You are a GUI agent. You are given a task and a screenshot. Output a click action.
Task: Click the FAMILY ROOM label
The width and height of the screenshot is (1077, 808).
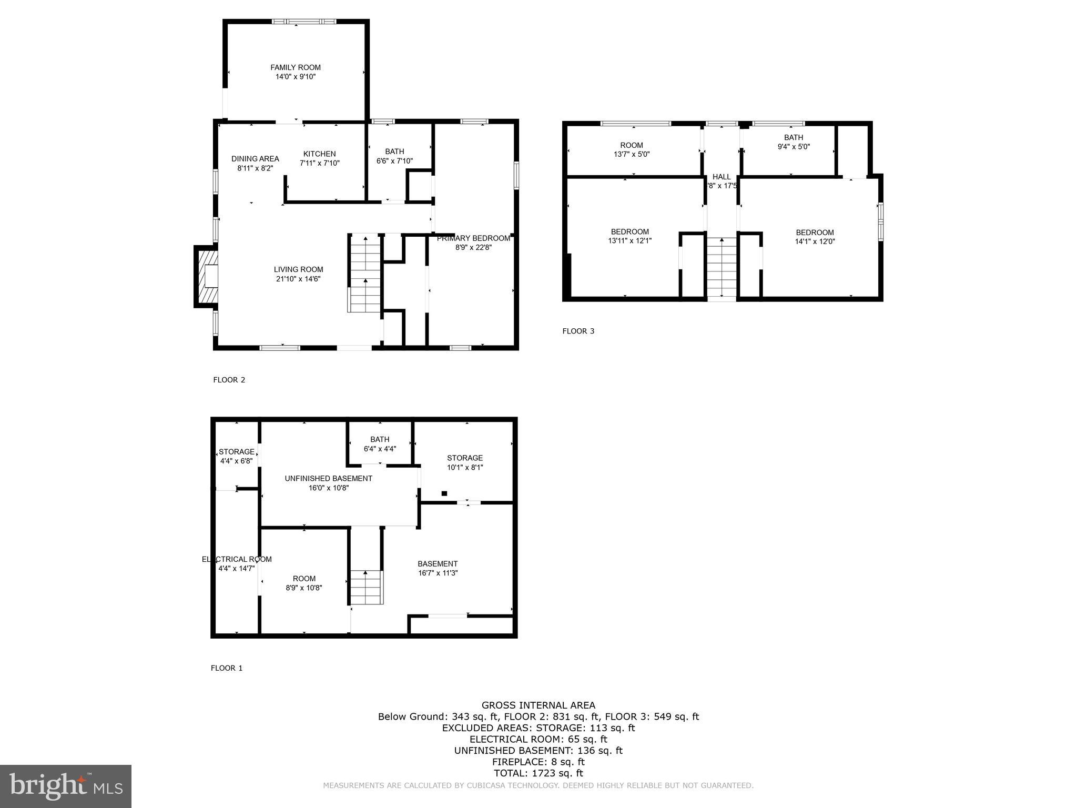pyautogui.click(x=296, y=67)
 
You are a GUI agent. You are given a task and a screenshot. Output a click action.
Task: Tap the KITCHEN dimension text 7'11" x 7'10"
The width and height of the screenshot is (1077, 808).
pyautogui.click(x=320, y=163)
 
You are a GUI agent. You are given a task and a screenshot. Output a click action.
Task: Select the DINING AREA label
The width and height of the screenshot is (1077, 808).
pyautogui.click(x=255, y=159)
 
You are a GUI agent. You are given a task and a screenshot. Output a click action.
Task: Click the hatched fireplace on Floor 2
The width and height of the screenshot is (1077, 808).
pyautogui.click(x=206, y=276)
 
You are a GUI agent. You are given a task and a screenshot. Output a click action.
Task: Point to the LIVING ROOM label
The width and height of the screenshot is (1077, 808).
pyautogui.click(x=298, y=270)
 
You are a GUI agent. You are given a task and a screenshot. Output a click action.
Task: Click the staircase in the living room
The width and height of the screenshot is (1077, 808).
pyautogui.click(x=364, y=274)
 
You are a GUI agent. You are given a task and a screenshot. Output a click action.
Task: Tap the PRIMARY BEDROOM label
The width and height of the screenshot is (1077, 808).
pyautogui.click(x=473, y=238)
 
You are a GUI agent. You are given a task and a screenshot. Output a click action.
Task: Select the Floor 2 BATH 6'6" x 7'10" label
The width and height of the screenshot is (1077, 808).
pyautogui.click(x=394, y=151)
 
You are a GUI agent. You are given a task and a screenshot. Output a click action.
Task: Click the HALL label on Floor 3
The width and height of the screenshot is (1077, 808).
pyautogui.click(x=722, y=177)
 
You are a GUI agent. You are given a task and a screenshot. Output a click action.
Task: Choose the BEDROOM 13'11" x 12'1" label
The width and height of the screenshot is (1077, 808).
pyautogui.click(x=629, y=232)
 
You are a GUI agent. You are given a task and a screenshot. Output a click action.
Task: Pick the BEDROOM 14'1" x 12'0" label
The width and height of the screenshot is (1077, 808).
pyautogui.click(x=815, y=233)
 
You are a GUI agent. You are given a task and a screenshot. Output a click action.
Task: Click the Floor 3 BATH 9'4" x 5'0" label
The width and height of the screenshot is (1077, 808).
pyautogui.click(x=794, y=138)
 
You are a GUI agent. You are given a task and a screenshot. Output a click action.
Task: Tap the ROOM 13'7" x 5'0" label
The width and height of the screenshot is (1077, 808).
pyautogui.click(x=631, y=145)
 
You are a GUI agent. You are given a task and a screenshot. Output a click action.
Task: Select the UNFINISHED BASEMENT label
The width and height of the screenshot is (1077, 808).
pyautogui.click(x=328, y=478)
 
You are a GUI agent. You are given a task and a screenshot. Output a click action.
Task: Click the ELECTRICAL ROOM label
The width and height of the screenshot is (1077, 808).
pyautogui.click(x=237, y=559)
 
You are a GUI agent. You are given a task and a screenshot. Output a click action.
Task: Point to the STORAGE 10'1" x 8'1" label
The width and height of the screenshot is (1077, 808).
pyautogui.click(x=465, y=458)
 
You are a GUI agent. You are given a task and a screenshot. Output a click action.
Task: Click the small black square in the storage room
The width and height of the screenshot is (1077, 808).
pyautogui.click(x=444, y=493)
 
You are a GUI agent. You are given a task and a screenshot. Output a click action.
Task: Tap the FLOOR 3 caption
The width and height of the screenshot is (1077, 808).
pyautogui.click(x=578, y=331)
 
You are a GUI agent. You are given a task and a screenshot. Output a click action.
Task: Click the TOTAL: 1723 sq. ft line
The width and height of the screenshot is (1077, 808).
pyautogui.click(x=538, y=773)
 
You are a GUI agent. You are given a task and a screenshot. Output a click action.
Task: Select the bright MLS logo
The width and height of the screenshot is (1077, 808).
pyautogui.click(x=66, y=786)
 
